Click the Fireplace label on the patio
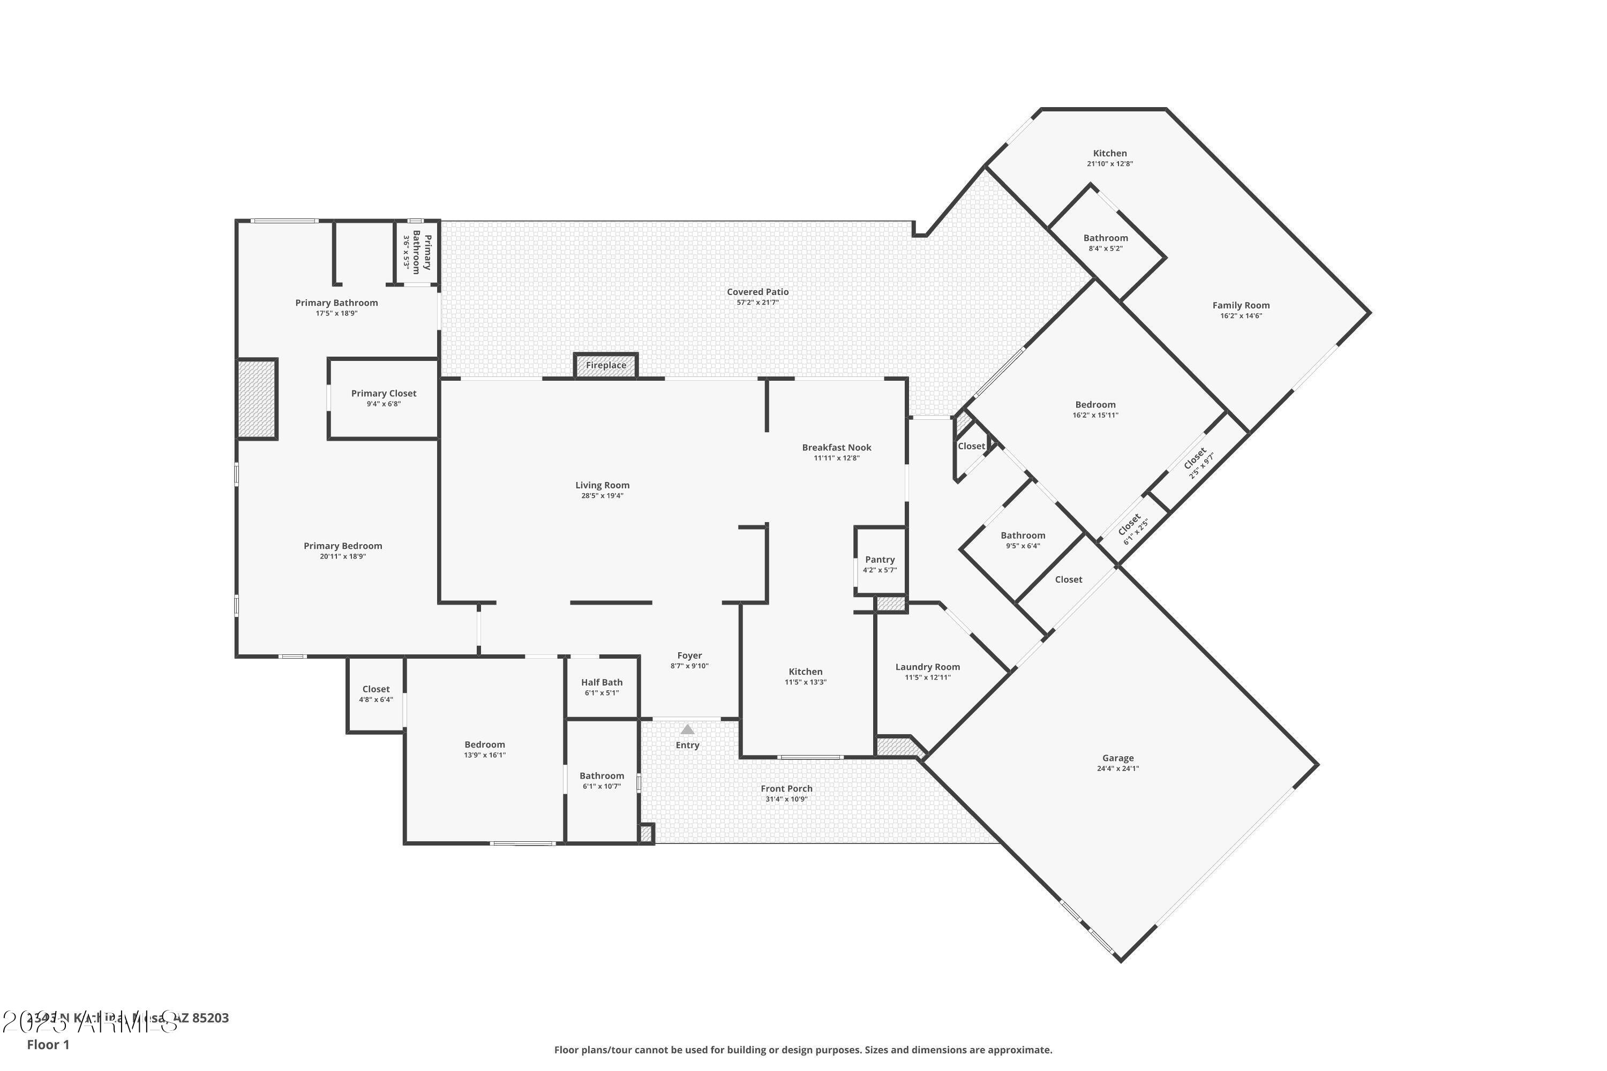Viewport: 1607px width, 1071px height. click(x=605, y=365)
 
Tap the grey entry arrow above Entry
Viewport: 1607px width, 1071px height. click(x=687, y=729)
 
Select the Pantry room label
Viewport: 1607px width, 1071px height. click(x=880, y=560)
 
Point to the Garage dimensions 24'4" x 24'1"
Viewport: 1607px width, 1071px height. click(x=1118, y=768)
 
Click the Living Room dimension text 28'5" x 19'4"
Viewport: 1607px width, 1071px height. click(x=602, y=496)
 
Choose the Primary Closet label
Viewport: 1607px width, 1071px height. click(x=384, y=394)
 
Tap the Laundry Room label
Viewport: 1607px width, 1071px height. click(x=927, y=667)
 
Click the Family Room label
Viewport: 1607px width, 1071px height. click(x=1241, y=305)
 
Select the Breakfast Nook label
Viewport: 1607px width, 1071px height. click(x=836, y=447)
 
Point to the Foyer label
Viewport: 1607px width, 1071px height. click(x=689, y=655)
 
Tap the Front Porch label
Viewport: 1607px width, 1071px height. click(x=786, y=788)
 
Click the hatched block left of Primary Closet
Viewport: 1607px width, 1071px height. click(x=257, y=399)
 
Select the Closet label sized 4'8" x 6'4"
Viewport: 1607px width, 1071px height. click(x=376, y=689)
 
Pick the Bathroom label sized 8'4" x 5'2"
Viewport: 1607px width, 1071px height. click(x=1106, y=238)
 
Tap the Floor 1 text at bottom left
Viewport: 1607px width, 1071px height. click(x=48, y=1044)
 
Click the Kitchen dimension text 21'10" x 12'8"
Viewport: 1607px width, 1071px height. click(x=1109, y=164)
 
